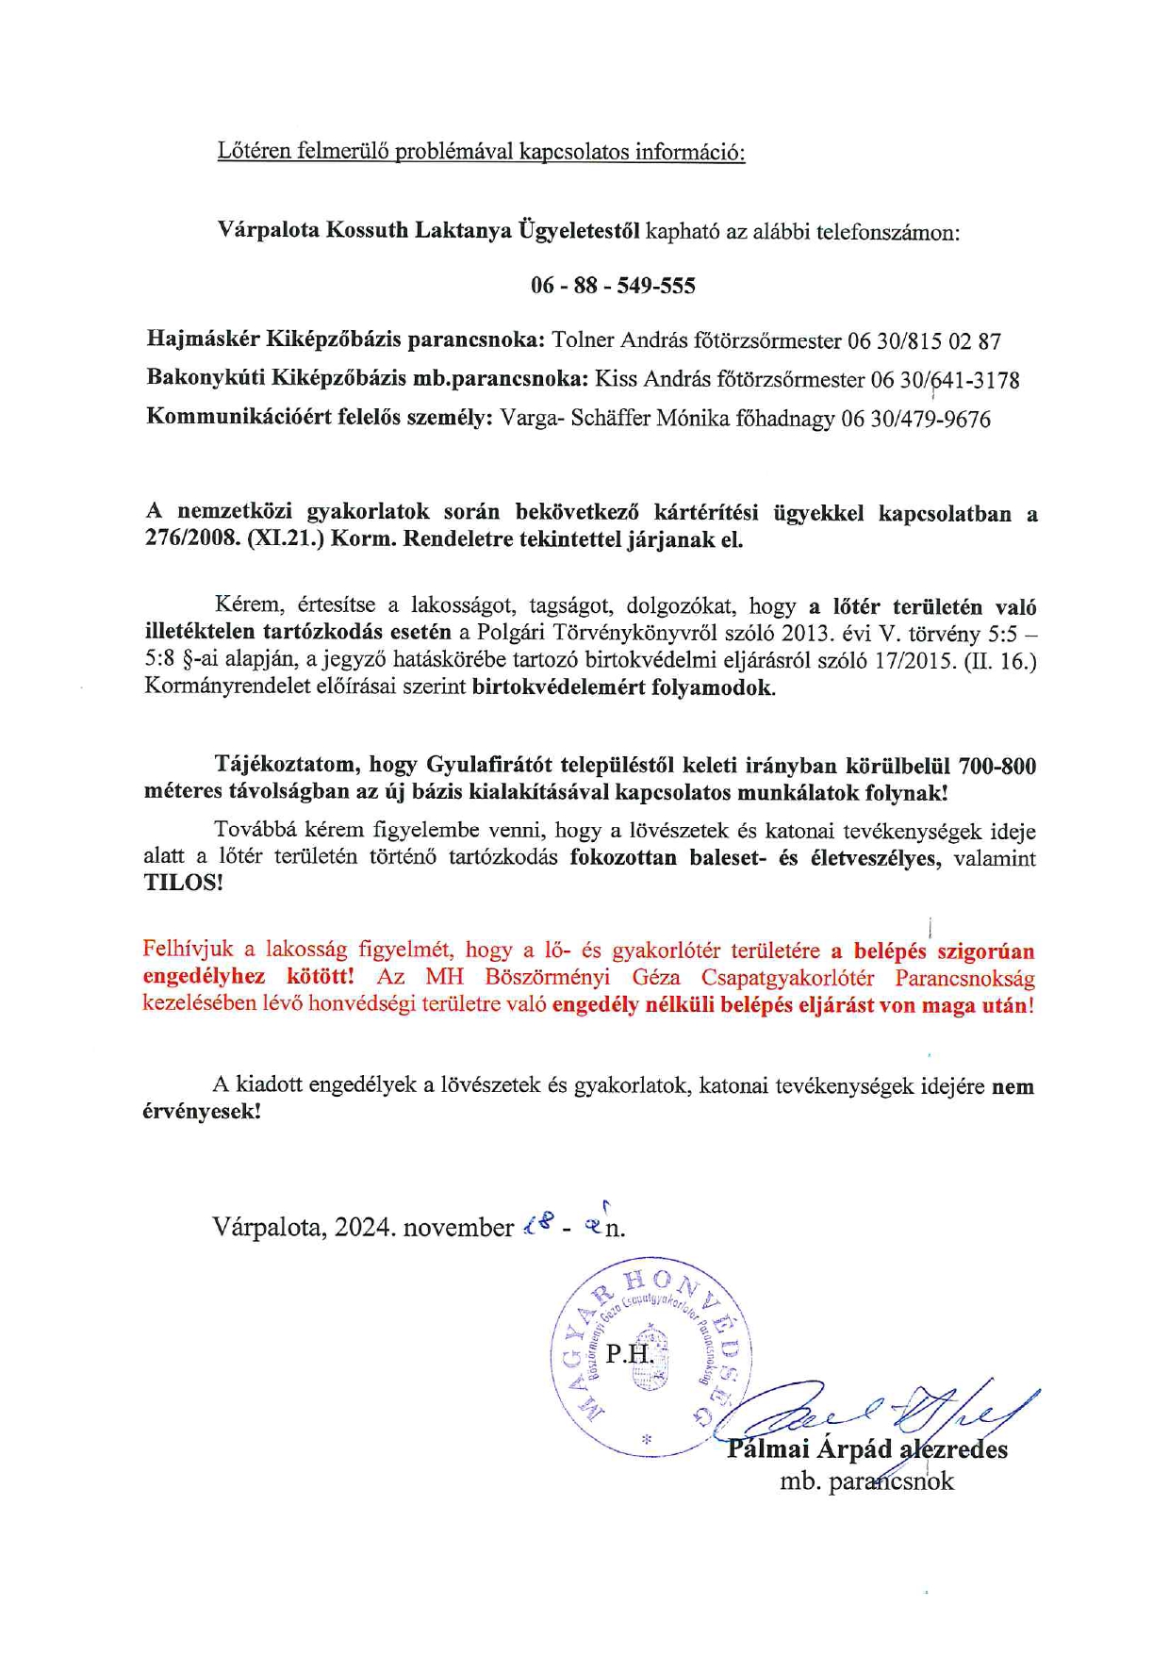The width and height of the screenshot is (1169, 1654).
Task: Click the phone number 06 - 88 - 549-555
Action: pyautogui.click(x=613, y=286)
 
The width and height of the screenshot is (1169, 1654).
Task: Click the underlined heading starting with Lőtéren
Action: pyautogui.click(x=481, y=151)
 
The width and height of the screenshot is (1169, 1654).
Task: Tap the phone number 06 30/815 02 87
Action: pyautogui.click(x=924, y=341)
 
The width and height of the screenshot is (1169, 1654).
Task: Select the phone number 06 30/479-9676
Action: pyautogui.click(x=915, y=420)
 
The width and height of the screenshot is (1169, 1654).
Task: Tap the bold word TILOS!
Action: pyautogui.click(x=184, y=884)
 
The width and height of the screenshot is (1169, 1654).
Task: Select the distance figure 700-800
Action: pyautogui.click(x=997, y=766)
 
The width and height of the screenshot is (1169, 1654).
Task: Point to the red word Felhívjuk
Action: pyautogui.click(x=188, y=949)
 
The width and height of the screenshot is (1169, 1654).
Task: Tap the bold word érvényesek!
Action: pyautogui.click(x=201, y=1112)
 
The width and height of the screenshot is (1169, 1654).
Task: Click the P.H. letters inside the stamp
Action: pyautogui.click(x=629, y=1354)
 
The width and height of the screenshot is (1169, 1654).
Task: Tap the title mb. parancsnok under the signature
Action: pyautogui.click(x=866, y=1481)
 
